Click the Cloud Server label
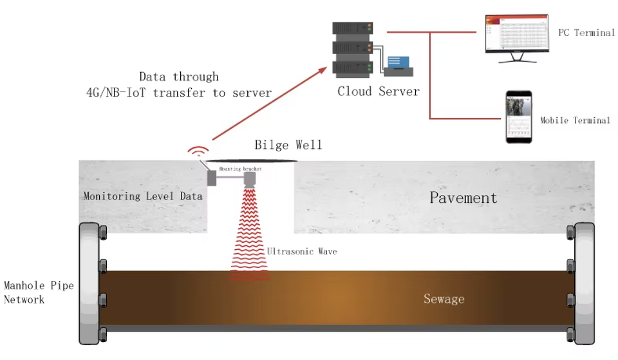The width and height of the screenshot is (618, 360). pos(378,91)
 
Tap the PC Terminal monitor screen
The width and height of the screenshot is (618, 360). pos(517,34)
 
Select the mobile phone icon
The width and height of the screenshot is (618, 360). pos(518,117)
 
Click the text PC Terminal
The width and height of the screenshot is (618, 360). pos(585,32)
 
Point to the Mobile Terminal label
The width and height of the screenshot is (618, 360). pos(574,120)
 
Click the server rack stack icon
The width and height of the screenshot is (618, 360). pos(353,48)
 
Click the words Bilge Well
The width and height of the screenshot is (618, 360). pos(288,144)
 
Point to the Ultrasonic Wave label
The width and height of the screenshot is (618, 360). pos(301,251)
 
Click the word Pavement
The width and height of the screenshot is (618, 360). pos(464,198)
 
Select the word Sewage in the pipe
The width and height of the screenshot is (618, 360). pos(444,299)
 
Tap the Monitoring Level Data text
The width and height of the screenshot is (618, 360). pos(143,196)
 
